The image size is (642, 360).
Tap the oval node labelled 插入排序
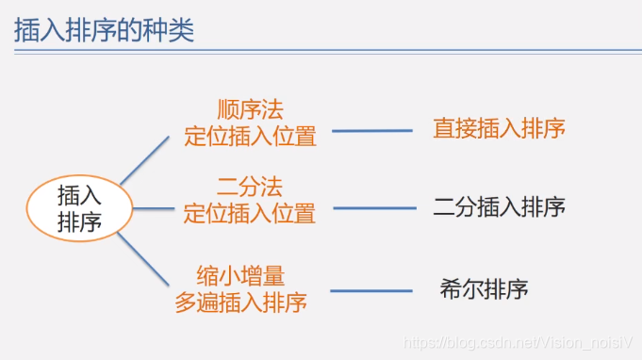(x=79, y=208)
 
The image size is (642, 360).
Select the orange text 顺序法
(x=250, y=110)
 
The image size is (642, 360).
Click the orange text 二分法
(x=250, y=186)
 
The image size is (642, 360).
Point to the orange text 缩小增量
(x=241, y=276)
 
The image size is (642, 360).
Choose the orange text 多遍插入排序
(x=241, y=303)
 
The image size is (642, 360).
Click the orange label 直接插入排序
(x=499, y=128)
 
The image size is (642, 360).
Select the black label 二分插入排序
(x=499, y=206)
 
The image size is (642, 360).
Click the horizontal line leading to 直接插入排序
(x=371, y=131)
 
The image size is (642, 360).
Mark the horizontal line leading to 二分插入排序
(x=373, y=208)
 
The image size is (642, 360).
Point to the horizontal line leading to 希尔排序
(x=371, y=290)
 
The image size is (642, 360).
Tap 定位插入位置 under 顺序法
(x=250, y=137)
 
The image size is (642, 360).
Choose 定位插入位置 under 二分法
(x=250, y=213)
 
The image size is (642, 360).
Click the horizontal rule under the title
(x=321, y=55)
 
